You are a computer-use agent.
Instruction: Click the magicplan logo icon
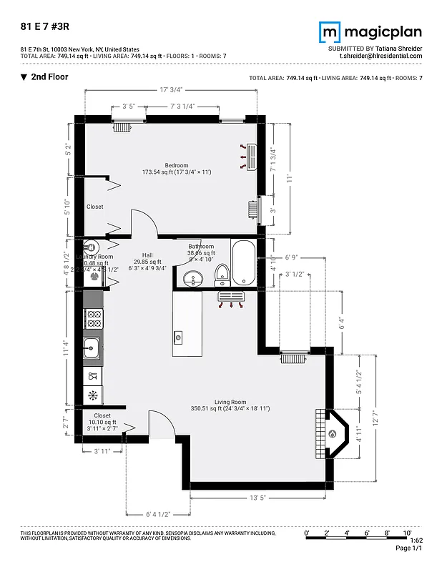click(330, 32)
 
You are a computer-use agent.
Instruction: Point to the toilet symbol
click(222, 272)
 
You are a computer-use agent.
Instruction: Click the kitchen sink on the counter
click(92, 350)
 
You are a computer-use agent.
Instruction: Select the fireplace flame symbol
click(333, 433)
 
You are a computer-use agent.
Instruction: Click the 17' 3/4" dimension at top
click(171, 89)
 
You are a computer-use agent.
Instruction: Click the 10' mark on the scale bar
click(407, 533)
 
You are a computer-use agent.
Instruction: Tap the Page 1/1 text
click(409, 548)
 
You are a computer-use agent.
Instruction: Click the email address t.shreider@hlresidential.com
click(380, 56)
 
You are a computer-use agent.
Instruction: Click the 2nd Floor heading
click(49, 77)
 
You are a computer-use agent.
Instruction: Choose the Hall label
click(147, 255)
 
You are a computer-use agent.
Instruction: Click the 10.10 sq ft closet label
click(102, 422)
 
